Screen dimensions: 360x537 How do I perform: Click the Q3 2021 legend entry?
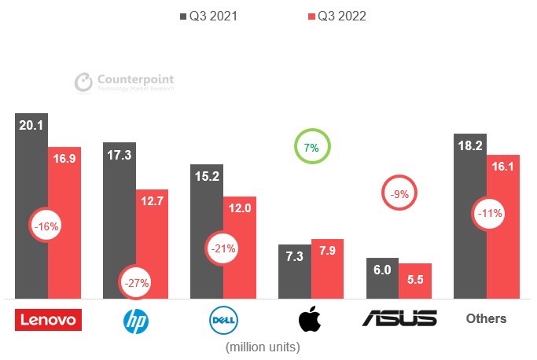[213, 15]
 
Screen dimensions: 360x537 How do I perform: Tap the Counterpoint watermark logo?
[124, 83]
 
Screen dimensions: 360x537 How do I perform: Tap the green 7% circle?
[312, 147]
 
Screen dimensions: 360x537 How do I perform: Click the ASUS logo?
[399, 318]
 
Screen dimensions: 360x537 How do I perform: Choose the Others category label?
[486, 318]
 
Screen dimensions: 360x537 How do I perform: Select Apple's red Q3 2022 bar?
[327, 268]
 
